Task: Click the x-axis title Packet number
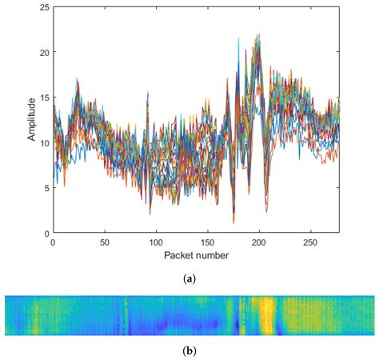[x=196, y=255]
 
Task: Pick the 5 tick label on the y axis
[x=46, y=189]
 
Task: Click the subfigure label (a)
[x=189, y=278]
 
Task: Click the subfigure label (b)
[x=189, y=350]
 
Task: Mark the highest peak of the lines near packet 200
[x=258, y=35]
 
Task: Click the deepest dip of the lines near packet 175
[x=233, y=222]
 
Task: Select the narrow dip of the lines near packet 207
[x=266, y=210]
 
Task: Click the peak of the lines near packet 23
[x=77, y=79]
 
